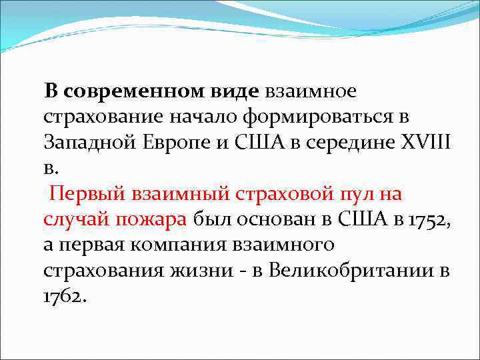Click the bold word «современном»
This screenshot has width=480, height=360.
135,91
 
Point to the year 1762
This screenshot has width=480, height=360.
65,296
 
